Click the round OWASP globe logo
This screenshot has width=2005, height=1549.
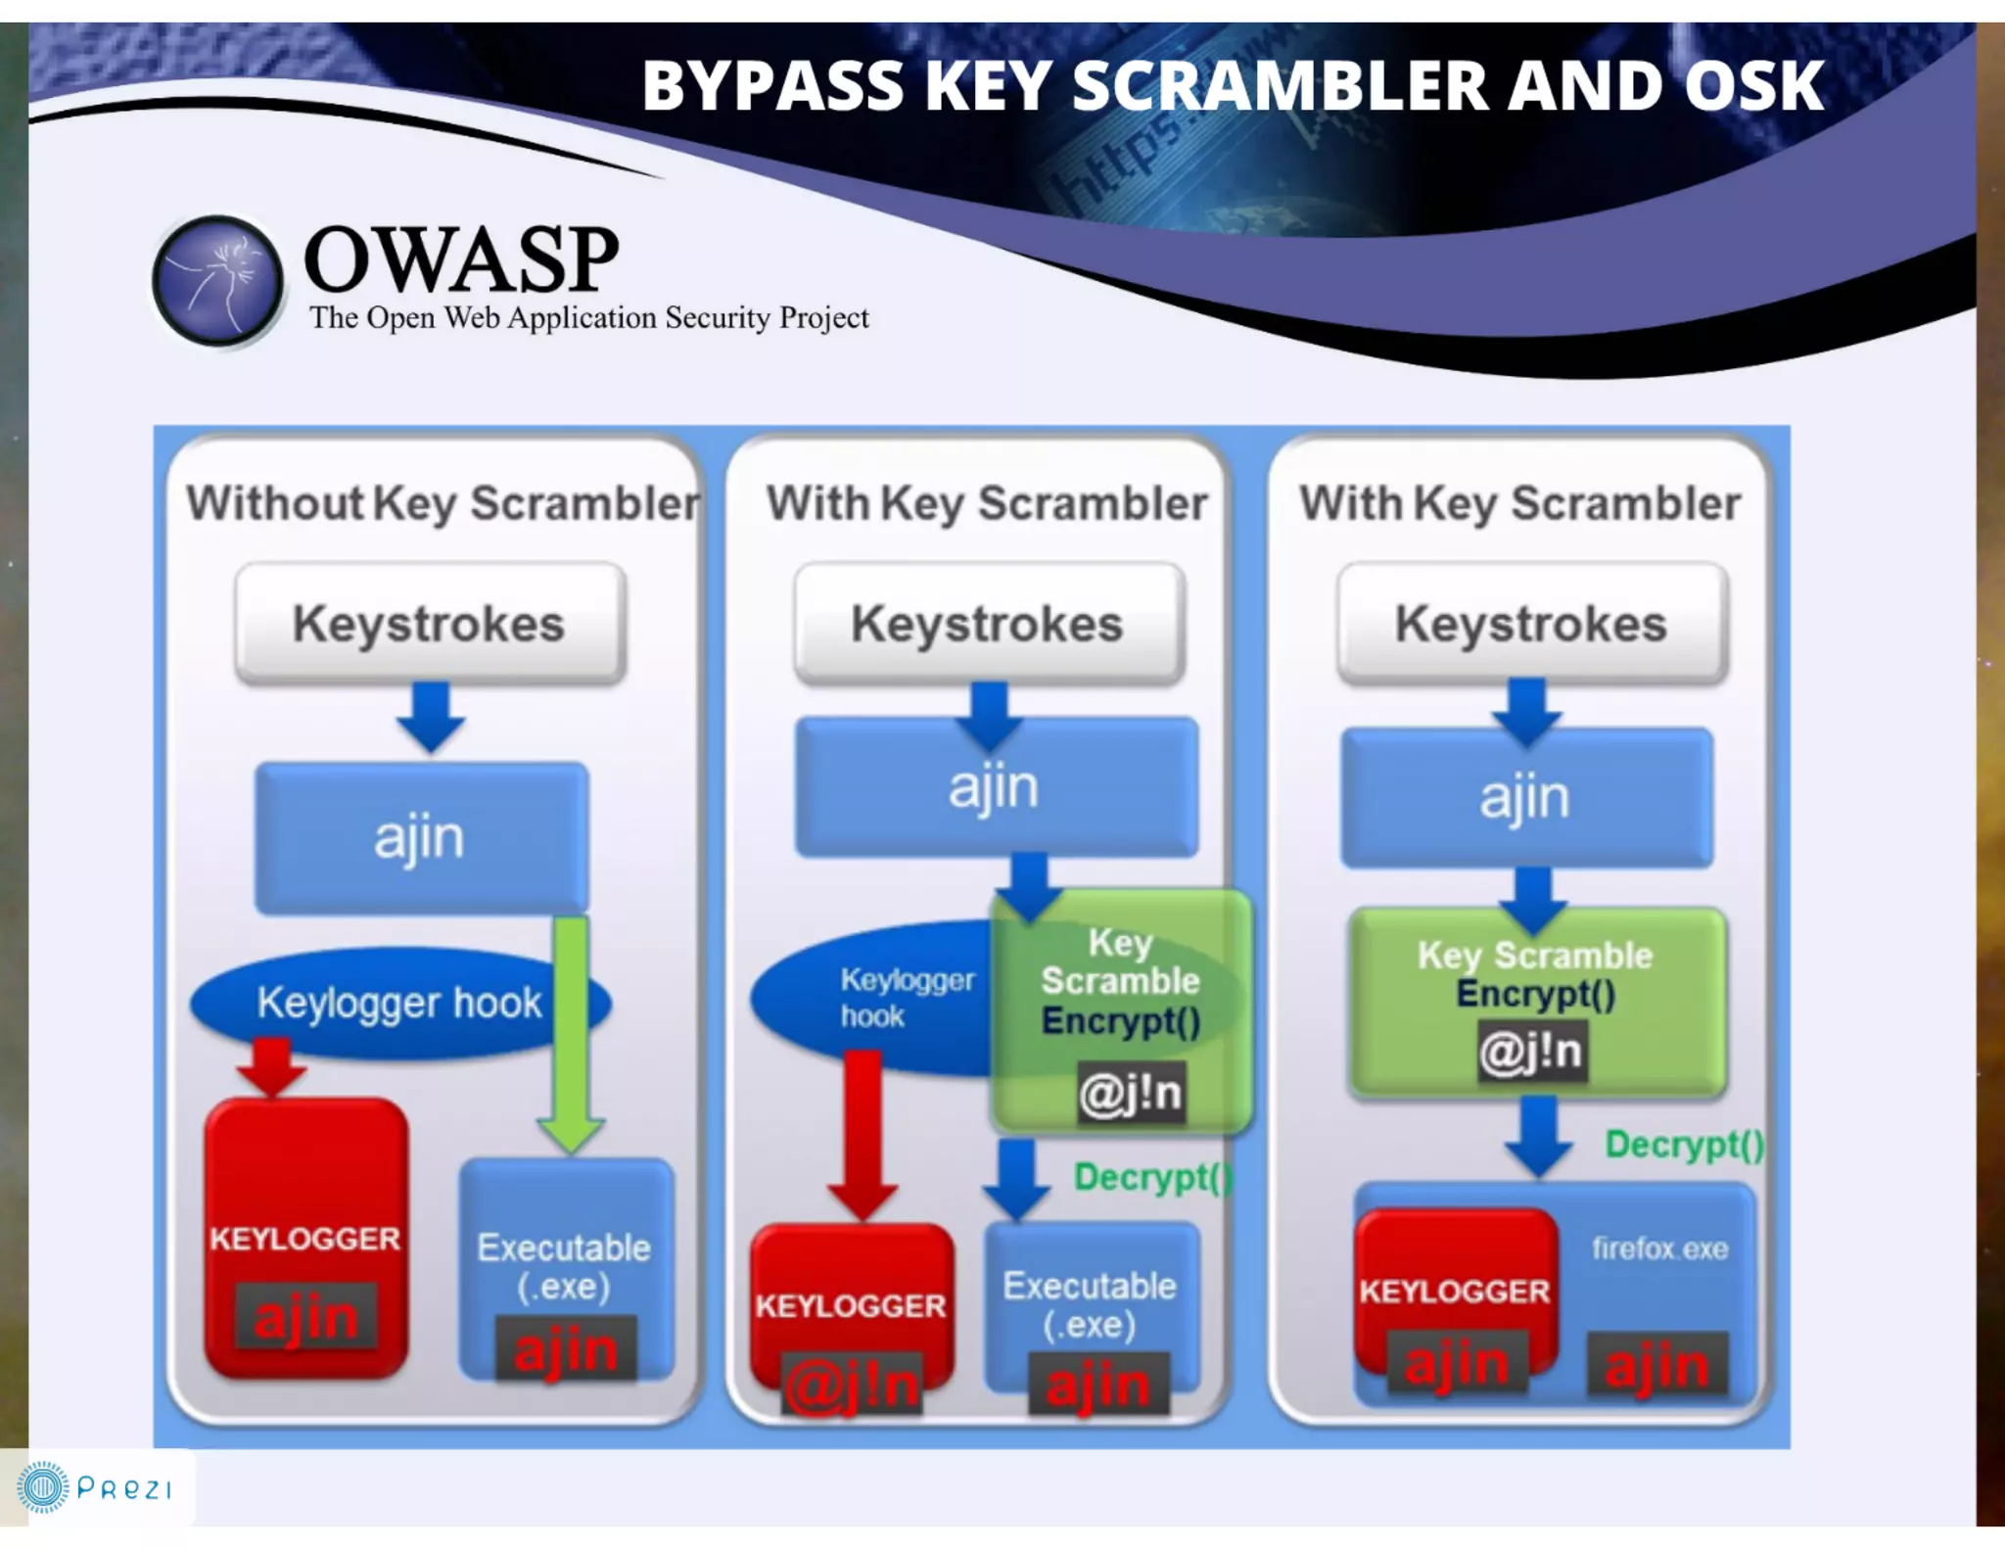coord(217,281)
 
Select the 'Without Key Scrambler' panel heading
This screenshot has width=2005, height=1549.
coord(443,503)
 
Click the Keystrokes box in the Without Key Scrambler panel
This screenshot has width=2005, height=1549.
coord(430,624)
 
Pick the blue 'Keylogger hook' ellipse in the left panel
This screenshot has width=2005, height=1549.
coord(372,1003)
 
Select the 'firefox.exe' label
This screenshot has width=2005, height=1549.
coord(1659,1248)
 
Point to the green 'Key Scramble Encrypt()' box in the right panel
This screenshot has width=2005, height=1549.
coord(1535,999)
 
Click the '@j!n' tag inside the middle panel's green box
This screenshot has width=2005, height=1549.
coord(1131,1093)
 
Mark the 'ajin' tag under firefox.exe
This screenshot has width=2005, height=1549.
coord(1656,1365)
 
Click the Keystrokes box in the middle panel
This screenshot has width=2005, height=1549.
coord(988,624)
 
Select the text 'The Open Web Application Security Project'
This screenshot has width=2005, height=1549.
coord(588,318)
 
